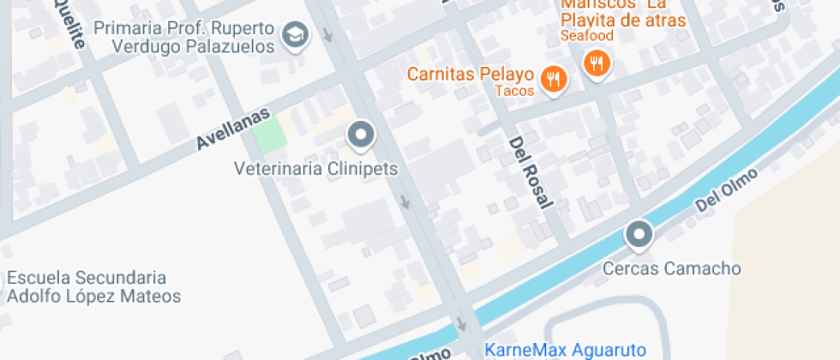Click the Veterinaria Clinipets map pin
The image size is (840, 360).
[x=361, y=135]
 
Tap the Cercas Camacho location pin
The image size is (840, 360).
[x=638, y=234]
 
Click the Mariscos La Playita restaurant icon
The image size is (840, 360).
[x=596, y=63]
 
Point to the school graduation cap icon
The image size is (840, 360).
[x=296, y=35]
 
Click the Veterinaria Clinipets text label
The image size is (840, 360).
[x=316, y=169]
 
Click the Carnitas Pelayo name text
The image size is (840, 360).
[x=471, y=74]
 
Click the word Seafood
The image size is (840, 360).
[x=587, y=36]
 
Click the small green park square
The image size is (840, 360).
[x=270, y=135]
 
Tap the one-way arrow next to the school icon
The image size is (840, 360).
[x=329, y=36]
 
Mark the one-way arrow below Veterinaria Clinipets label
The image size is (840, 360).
[x=405, y=203]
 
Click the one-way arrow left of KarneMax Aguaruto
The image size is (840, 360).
[x=463, y=326]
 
